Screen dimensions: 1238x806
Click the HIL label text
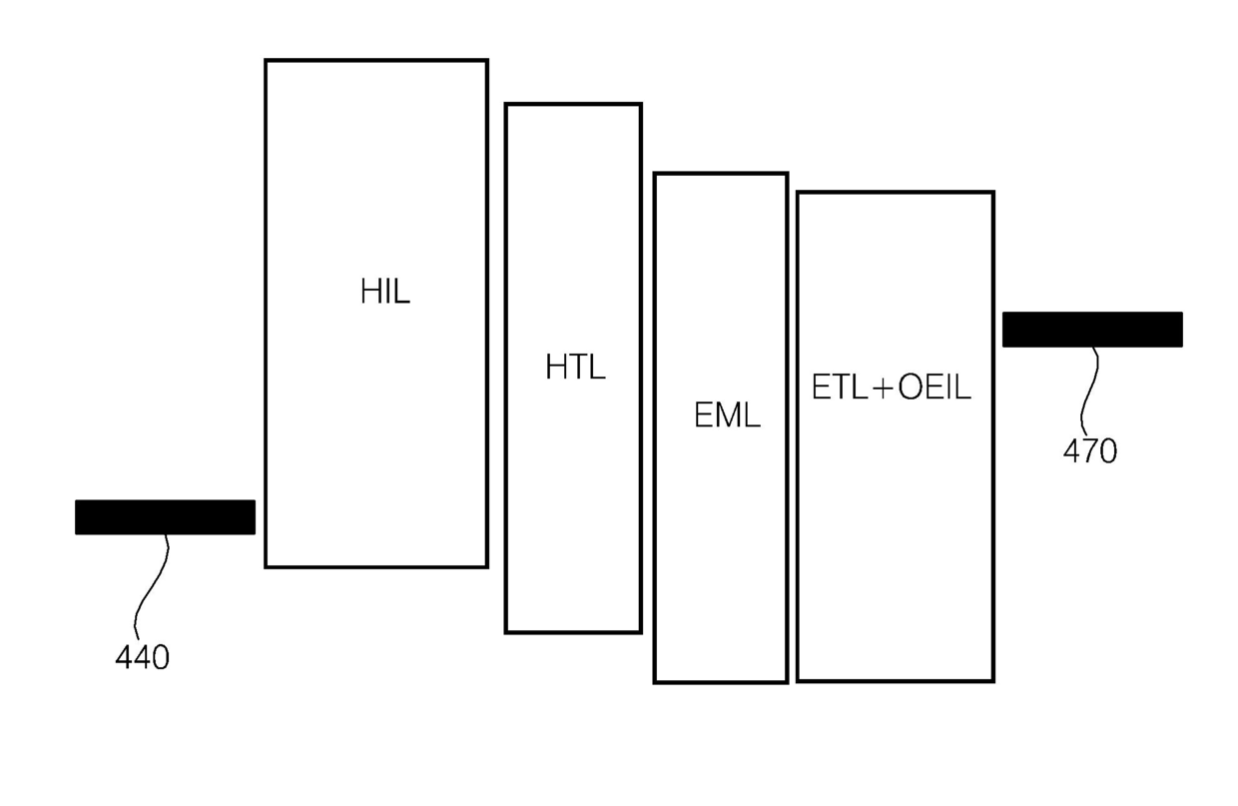click(x=385, y=293)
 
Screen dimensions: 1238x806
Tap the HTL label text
click(x=575, y=368)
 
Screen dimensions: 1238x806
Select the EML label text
click(x=727, y=414)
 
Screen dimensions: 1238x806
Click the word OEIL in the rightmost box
click(x=933, y=388)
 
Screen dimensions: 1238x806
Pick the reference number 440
click(x=143, y=657)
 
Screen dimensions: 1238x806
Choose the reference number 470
click(x=1089, y=451)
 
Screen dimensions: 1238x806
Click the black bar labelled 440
click(x=165, y=517)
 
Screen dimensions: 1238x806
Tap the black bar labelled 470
click(x=1092, y=330)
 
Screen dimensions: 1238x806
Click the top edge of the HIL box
click(x=376, y=61)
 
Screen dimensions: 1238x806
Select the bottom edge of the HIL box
click(x=376, y=566)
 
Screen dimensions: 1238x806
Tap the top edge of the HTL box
click(x=573, y=104)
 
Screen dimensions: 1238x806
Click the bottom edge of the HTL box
click(x=573, y=631)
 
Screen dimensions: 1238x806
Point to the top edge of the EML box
click(x=721, y=174)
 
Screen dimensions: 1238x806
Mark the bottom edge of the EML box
click(x=721, y=681)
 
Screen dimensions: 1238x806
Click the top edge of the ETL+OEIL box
click(x=896, y=192)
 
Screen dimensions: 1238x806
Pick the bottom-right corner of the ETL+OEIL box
click(x=992, y=680)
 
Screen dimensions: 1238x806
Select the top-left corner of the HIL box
click(x=267, y=61)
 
